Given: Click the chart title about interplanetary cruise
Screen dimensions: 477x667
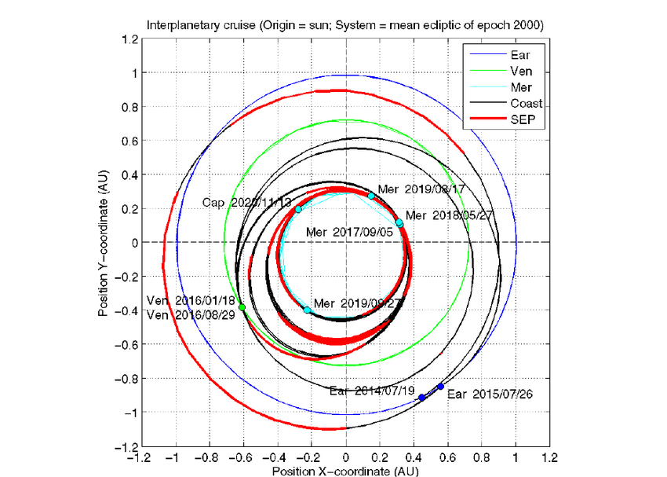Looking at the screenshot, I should (x=345, y=25).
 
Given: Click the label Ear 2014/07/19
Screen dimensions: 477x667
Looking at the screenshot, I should (x=373, y=389).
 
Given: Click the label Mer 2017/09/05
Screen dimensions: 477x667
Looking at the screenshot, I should (x=349, y=232).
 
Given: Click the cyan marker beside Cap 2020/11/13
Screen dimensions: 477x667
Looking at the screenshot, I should (x=298, y=209).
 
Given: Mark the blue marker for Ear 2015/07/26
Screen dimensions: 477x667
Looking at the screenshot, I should (x=441, y=387).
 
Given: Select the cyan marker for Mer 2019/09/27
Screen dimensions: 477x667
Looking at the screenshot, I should (x=308, y=310).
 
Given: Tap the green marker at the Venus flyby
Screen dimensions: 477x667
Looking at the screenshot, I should (x=242, y=306).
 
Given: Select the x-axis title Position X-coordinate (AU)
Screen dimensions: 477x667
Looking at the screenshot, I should (x=345, y=470).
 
